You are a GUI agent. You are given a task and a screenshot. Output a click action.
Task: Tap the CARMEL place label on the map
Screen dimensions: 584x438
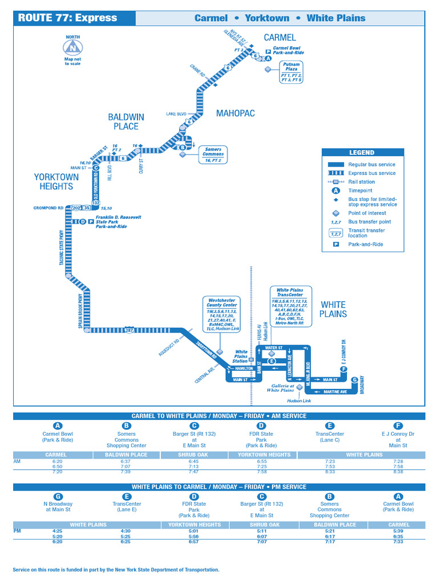[x=279, y=38]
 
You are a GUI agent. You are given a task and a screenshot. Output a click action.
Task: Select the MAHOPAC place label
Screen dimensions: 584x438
[x=235, y=113]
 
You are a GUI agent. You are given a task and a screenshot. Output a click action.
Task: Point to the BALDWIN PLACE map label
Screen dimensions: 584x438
[x=126, y=121]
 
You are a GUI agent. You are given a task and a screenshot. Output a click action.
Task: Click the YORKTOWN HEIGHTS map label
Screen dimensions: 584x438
[x=56, y=181]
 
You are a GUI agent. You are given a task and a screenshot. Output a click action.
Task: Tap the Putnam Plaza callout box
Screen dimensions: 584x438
[x=291, y=72]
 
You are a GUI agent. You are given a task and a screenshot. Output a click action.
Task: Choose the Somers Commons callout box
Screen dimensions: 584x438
[x=213, y=155]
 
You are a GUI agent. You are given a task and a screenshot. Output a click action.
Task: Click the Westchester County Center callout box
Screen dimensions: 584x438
[x=222, y=313]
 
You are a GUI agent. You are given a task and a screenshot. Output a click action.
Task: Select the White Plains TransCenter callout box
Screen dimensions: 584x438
[x=290, y=306]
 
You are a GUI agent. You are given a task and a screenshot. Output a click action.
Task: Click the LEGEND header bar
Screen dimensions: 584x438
[x=362, y=152]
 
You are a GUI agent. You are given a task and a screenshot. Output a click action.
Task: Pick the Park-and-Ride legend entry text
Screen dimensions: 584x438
[x=366, y=244]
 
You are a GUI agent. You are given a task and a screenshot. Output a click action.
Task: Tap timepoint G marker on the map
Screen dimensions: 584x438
[x=354, y=380]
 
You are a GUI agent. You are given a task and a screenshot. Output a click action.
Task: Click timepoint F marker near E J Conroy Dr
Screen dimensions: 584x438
[x=343, y=370]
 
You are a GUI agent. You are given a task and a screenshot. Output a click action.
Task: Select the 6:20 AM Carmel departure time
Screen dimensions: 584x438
[x=56, y=461]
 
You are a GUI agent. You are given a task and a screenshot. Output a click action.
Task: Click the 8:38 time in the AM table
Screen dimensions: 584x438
[x=398, y=472]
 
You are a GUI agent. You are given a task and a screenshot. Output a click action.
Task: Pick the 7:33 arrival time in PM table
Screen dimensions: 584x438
[x=399, y=542]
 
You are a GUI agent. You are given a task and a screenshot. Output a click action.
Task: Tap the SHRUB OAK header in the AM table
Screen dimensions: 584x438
[x=194, y=455]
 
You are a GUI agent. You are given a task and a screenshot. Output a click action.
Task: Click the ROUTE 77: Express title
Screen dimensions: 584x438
[x=67, y=18]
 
